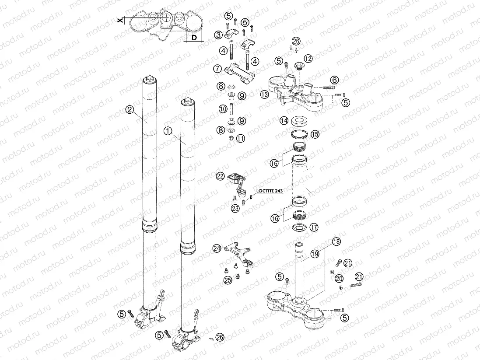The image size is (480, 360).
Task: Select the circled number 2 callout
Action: click(129, 110)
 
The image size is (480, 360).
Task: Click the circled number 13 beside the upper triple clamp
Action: click(264, 94)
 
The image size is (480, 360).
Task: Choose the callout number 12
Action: click(308, 58)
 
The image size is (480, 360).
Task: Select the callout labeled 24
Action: click(217, 248)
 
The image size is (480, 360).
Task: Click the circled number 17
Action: click(313, 227)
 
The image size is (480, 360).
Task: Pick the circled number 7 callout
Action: click(217, 68)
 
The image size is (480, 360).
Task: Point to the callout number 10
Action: click(223, 108)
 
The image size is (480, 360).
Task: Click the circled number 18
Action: click(336, 241)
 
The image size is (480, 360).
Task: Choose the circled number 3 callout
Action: click(218, 35)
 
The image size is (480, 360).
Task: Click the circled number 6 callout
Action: click(334, 80)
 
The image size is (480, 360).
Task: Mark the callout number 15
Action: click(315, 134)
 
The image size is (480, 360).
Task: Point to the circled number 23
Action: click(235, 209)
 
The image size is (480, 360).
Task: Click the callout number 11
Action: click(240, 138)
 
